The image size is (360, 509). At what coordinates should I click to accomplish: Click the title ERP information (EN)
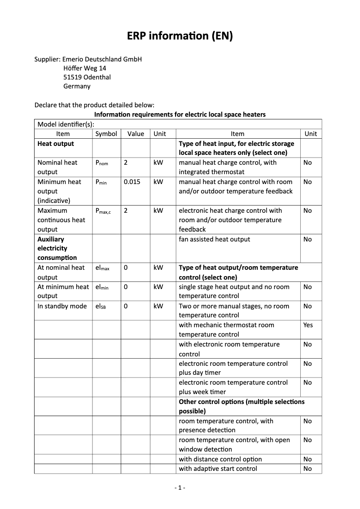(180, 36)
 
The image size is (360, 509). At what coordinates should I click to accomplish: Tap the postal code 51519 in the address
(73, 77)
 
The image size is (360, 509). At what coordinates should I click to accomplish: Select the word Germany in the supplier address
(77, 86)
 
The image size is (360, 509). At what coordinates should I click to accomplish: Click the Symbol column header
(106, 134)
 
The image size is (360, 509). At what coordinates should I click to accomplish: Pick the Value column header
(136, 134)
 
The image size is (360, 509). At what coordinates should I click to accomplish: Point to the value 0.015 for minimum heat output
(132, 182)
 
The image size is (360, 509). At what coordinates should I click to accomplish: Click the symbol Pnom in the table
(102, 163)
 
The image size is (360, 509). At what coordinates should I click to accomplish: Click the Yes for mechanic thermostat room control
(308, 325)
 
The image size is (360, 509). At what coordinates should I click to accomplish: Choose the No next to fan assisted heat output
(307, 239)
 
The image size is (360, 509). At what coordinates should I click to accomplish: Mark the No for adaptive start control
(307, 469)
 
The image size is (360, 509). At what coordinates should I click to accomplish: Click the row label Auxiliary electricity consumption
(57, 248)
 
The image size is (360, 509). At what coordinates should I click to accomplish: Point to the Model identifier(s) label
(66, 124)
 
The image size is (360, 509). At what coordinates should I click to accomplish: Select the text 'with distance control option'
(220, 459)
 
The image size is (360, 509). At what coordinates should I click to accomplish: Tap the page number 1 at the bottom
(180, 487)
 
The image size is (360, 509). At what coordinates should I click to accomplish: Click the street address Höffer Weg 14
(85, 68)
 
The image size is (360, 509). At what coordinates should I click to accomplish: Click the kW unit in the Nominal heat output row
(158, 162)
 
